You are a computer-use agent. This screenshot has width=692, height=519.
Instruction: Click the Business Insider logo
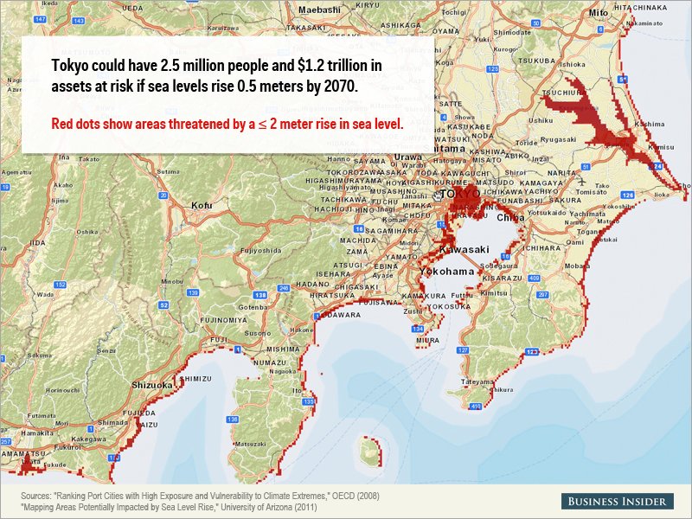click(616, 502)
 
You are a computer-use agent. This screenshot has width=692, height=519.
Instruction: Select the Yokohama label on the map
click(446, 271)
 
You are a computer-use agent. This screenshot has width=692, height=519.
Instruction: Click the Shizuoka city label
click(153, 385)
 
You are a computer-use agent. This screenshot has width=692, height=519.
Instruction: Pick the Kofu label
click(202, 206)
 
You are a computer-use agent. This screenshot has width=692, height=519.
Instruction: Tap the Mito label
click(598, 14)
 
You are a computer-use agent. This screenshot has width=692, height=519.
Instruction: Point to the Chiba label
click(510, 218)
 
